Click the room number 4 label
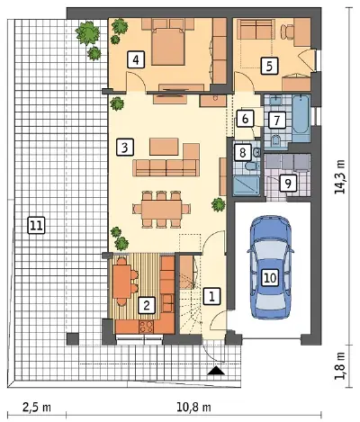(136, 60)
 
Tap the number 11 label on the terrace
(36, 225)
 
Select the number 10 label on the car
(270, 278)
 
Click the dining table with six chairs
(161, 209)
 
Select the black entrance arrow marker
(216, 371)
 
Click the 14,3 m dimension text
(340, 176)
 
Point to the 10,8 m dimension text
(193, 408)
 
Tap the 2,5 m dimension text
(36, 408)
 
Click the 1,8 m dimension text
(340, 366)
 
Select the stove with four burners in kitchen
(147, 327)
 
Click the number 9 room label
(288, 184)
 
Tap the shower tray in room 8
(247, 186)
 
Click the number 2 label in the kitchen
(147, 305)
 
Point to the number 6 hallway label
(245, 119)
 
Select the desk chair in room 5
(287, 31)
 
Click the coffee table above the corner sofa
(164, 147)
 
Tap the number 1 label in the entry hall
(212, 296)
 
